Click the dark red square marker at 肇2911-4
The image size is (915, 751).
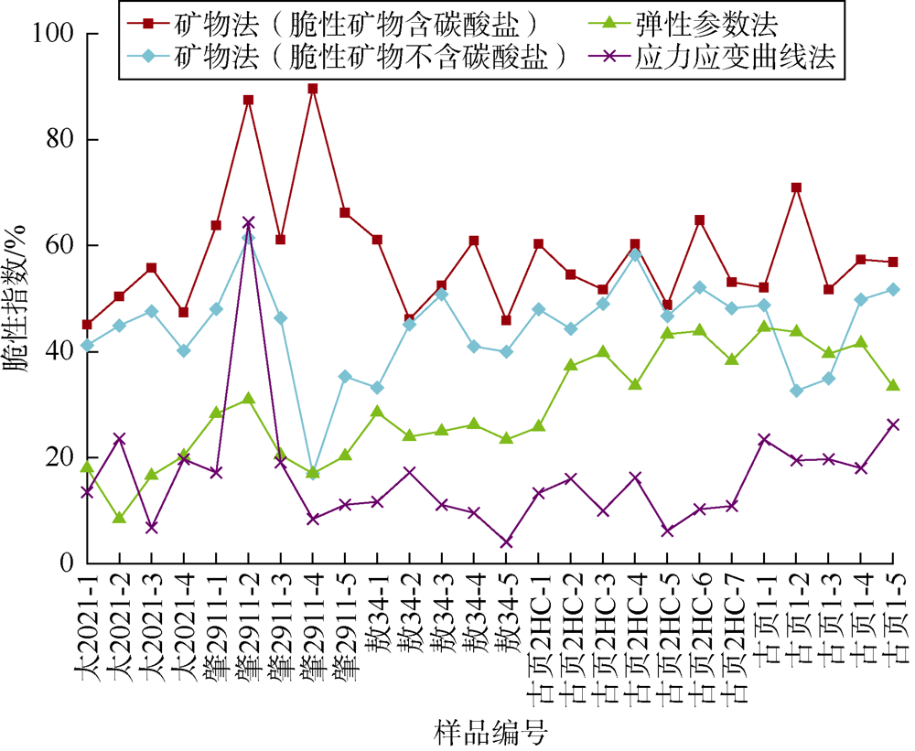coord(313,89)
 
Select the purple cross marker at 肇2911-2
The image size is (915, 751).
coord(248,222)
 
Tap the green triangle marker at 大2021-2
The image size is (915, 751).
coord(119,518)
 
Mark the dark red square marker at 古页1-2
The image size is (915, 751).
coord(796,188)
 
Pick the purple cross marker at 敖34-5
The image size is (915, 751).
coord(506,542)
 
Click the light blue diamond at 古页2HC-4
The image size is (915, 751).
coord(635,255)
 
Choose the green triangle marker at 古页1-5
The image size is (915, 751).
coord(892,385)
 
